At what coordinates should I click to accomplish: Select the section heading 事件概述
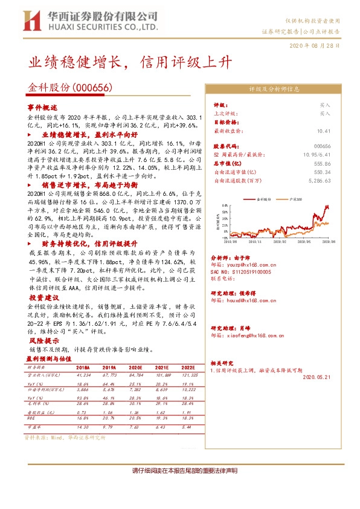point(42,106)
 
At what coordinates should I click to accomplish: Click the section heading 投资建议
point(42,298)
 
